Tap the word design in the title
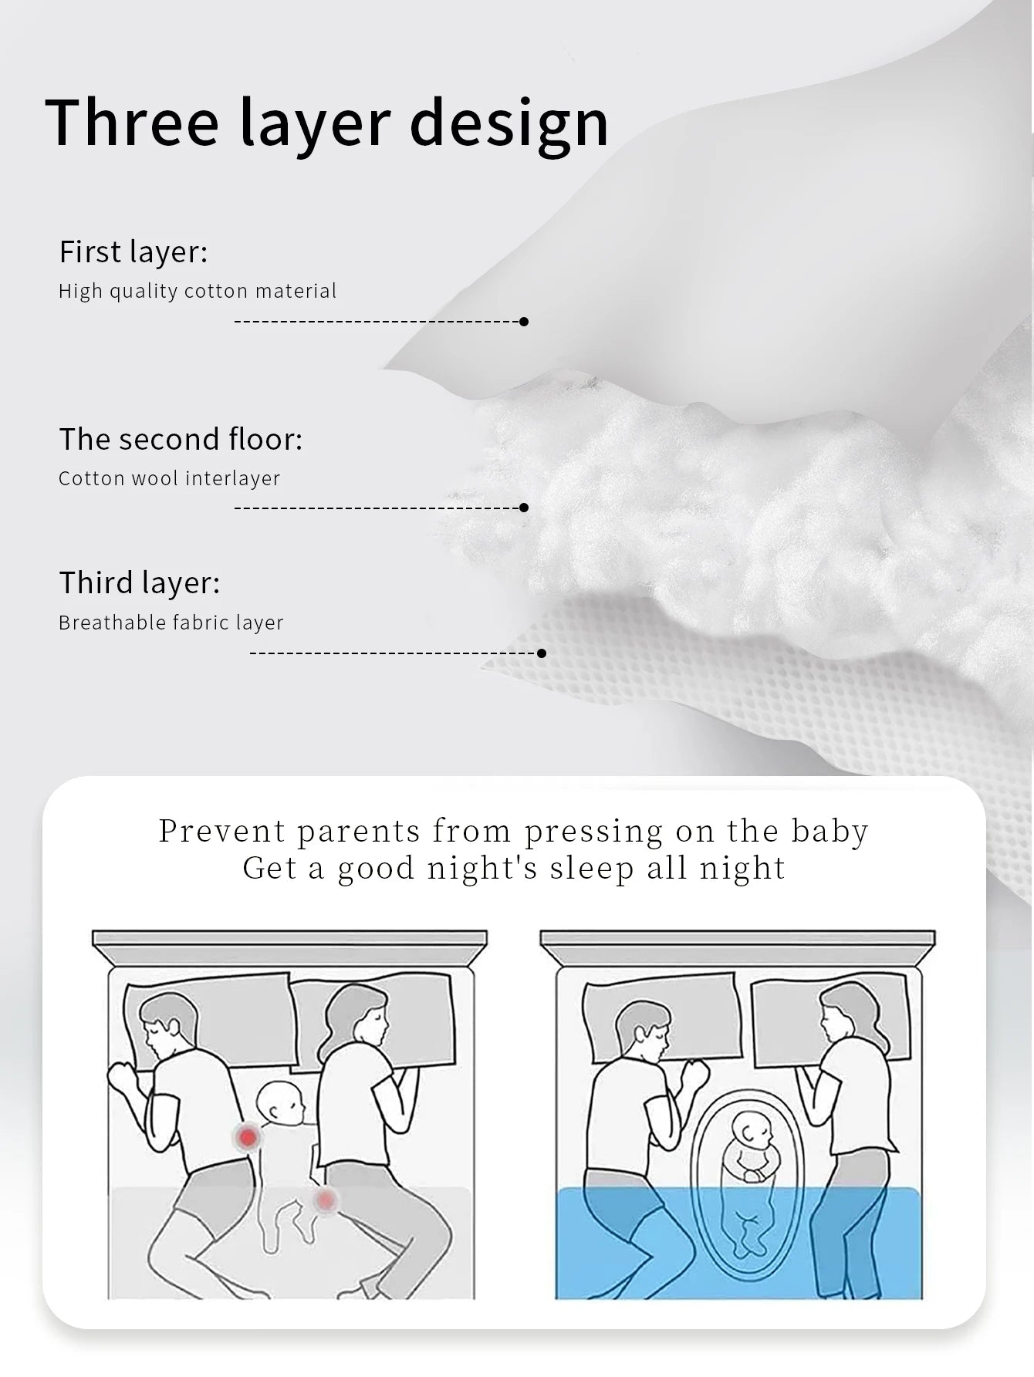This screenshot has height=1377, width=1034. pos(509,123)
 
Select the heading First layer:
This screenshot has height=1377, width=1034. pos(133,252)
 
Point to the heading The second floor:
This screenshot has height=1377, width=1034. pos(181,439)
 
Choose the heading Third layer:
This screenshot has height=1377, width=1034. pos(140,582)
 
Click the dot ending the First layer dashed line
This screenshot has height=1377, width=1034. pos(524,322)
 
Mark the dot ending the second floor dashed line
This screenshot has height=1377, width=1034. pos(524,508)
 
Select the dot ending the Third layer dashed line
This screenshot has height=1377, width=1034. pos(542,653)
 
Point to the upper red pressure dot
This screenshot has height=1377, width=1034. pos(248,1136)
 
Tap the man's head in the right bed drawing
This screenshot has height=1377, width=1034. pos(642,1028)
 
